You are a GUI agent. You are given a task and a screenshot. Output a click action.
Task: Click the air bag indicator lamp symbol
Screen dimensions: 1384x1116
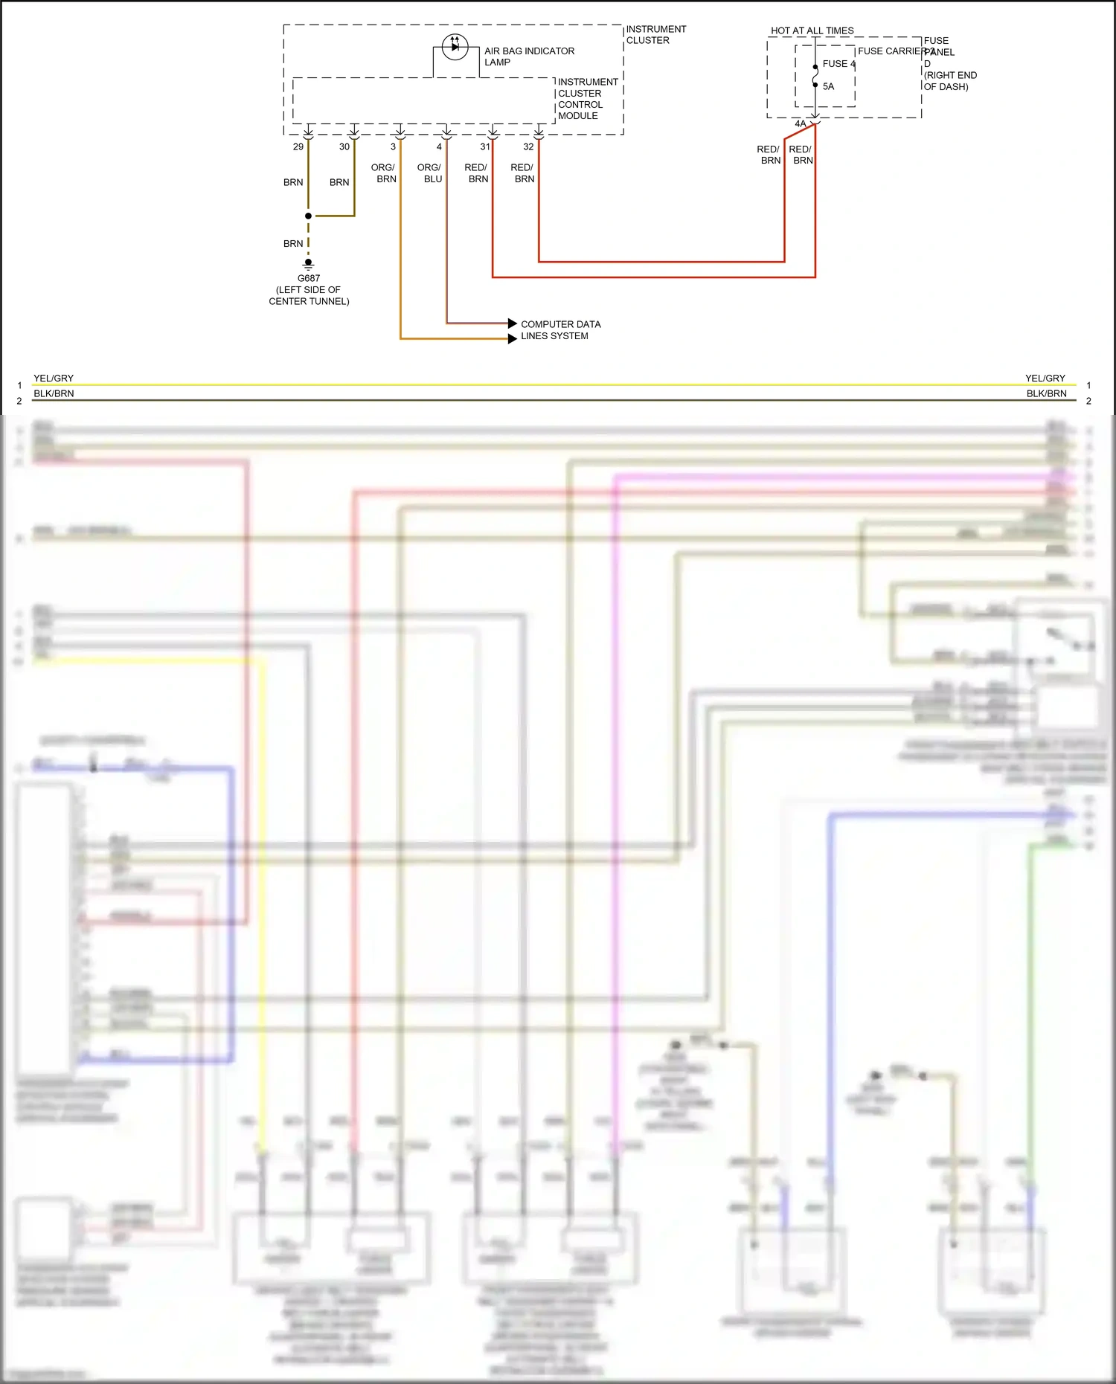(x=455, y=47)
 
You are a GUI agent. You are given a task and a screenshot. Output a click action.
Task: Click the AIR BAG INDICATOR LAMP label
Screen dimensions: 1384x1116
(x=529, y=57)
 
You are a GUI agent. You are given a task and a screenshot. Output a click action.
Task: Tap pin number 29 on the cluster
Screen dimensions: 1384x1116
(x=298, y=147)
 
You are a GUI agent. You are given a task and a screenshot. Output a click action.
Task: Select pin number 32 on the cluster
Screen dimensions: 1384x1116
(x=528, y=147)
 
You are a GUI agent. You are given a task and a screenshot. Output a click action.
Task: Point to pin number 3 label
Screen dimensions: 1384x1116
(x=393, y=147)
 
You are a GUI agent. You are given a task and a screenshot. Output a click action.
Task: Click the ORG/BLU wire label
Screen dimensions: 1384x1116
(x=429, y=173)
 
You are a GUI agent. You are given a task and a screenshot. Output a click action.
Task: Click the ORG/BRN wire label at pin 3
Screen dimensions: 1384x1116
(x=384, y=173)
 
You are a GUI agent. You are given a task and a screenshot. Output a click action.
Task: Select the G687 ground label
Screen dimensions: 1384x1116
(x=309, y=278)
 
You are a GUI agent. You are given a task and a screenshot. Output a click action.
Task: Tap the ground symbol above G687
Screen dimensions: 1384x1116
(x=308, y=263)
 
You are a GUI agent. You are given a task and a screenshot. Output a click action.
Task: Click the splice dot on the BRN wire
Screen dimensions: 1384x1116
(x=308, y=216)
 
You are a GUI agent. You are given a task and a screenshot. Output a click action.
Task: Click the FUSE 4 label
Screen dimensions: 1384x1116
(x=838, y=64)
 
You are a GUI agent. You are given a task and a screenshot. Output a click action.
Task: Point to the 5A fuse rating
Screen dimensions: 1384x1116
(x=828, y=86)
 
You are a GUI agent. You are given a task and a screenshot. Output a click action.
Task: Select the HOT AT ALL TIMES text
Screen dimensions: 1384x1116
(x=812, y=30)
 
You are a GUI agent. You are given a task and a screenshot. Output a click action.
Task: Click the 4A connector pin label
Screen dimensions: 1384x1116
(x=800, y=123)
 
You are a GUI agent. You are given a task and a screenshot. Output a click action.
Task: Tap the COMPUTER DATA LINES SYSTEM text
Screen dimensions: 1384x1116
(x=560, y=330)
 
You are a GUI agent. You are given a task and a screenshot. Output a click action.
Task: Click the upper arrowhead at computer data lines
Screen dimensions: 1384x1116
(x=512, y=324)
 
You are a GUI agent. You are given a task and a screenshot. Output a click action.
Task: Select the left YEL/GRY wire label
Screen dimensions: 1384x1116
(x=54, y=378)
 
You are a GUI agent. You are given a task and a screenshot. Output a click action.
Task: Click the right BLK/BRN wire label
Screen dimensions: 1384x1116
(x=1046, y=393)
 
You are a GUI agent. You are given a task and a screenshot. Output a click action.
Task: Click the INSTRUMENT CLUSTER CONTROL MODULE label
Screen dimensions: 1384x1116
(x=587, y=99)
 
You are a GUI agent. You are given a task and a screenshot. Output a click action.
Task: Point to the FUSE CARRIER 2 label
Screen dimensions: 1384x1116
(x=895, y=51)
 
